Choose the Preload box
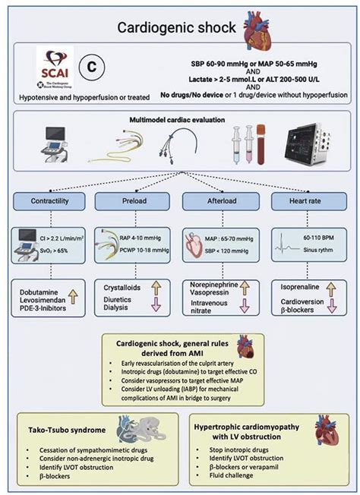coord(138,201)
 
